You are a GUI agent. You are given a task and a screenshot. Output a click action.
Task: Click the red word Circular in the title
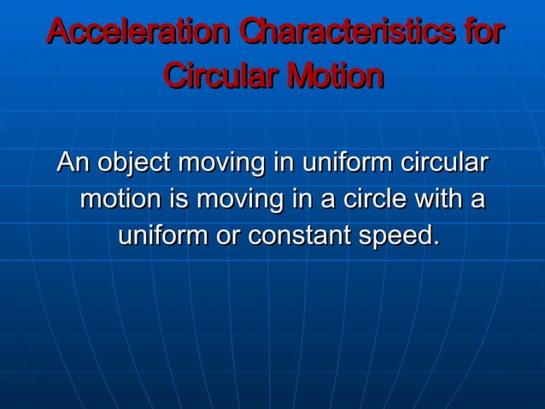pos(220,76)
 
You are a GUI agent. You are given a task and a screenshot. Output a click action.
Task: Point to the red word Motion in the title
pos(335,76)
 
